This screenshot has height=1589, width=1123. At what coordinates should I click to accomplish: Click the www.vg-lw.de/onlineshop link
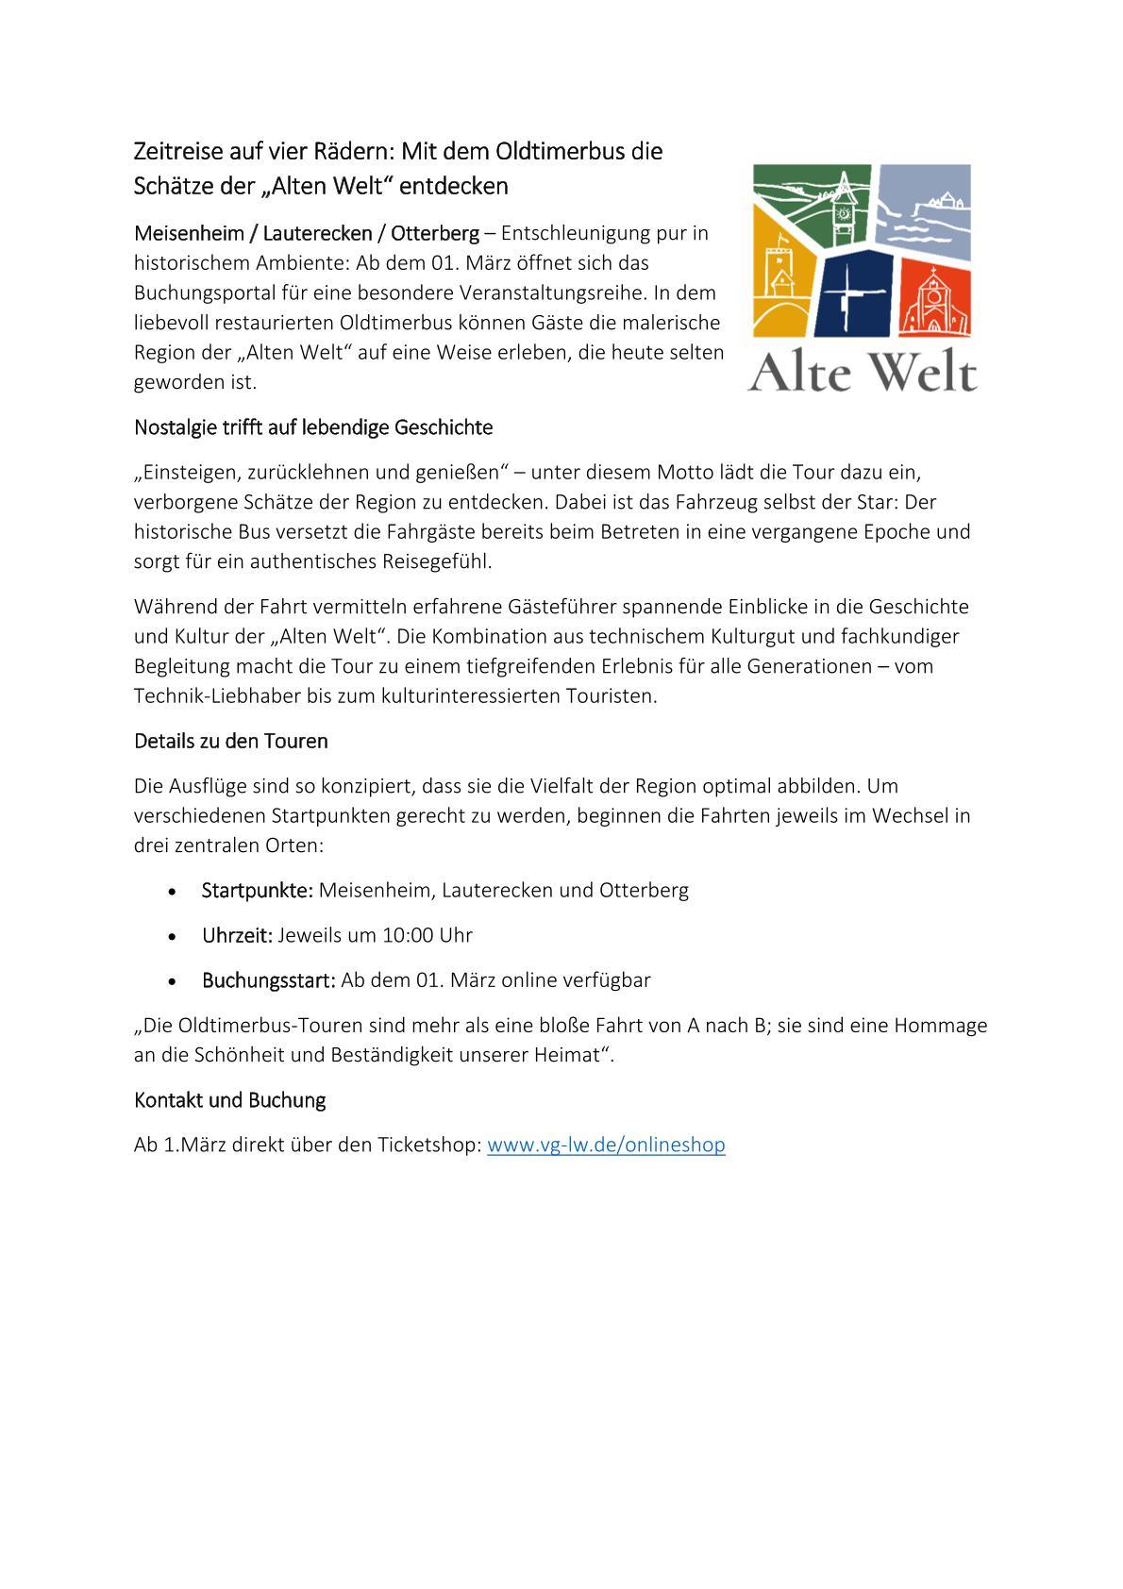606,1146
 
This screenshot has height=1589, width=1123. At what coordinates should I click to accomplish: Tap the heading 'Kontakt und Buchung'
229,1100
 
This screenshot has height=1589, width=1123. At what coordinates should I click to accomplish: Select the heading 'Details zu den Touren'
230,742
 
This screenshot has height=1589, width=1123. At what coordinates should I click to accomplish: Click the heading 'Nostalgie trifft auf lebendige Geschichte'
313,427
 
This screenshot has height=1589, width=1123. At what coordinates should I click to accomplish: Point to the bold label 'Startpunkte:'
257,890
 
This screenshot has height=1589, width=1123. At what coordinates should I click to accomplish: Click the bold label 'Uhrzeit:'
237,935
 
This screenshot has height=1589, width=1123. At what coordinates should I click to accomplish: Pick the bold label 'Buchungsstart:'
268,980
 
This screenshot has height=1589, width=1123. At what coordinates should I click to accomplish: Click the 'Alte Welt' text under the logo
863,373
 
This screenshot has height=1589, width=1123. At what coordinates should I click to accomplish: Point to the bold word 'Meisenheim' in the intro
190,233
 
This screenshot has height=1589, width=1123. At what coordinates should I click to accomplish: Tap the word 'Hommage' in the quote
944,1025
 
